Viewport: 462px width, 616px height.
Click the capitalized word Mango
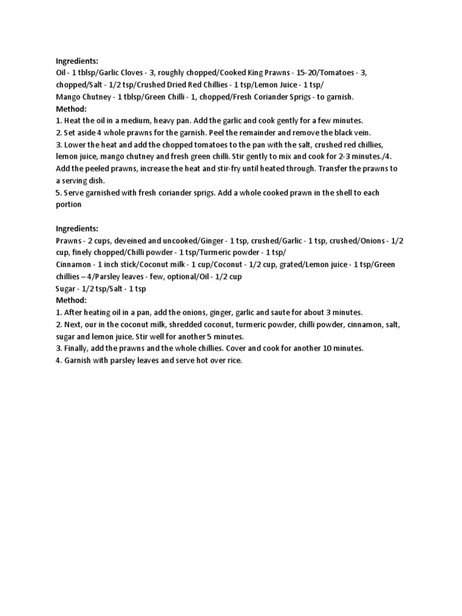coord(69,96)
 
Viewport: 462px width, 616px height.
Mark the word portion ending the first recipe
coord(69,205)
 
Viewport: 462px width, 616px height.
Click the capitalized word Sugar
coord(67,289)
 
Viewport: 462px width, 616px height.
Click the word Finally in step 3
coord(77,349)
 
